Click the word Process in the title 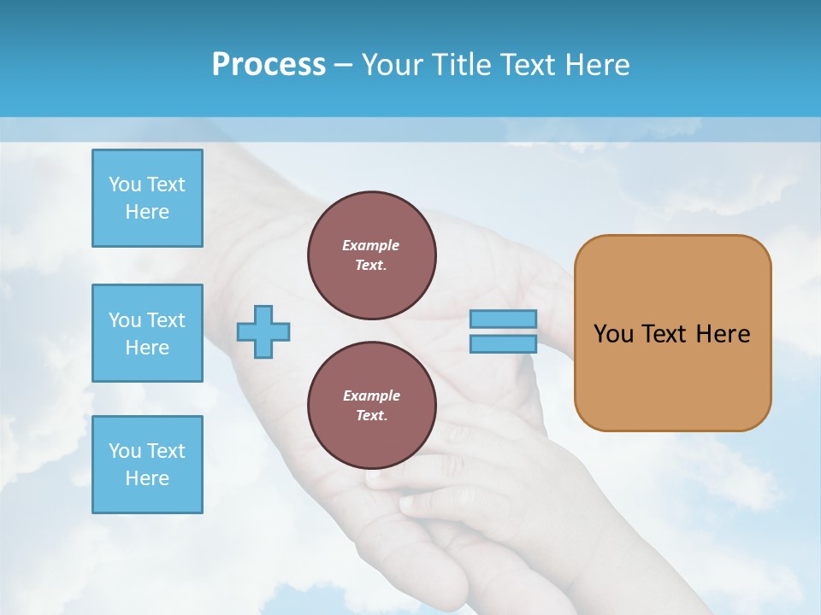(x=269, y=65)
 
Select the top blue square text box (x=147, y=198)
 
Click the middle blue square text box (x=147, y=333)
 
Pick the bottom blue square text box (x=147, y=465)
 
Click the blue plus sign (x=263, y=331)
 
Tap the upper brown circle (x=372, y=255)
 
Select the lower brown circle (x=372, y=405)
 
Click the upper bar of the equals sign (x=503, y=319)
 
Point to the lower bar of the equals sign (x=503, y=343)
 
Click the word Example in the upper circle (x=371, y=245)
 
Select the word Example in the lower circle (x=371, y=395)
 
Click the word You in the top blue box (x=125, y=184)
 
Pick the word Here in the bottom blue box (x=147, y=478)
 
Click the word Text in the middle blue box (x=166, y=320)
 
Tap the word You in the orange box (x=612, y=334)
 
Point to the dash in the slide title (x=344, y=65)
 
